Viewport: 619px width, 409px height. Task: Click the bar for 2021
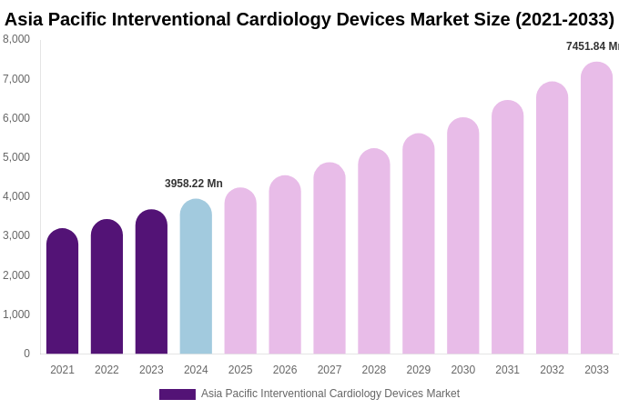pyautogui.click(x=62, y=292)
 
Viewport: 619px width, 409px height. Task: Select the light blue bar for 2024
pyautogui.click(x=196, y=277)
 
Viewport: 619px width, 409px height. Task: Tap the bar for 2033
pyautogui.click(x=596, y=209)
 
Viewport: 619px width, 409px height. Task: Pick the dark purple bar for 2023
pyautogui.click(x=151, y=283)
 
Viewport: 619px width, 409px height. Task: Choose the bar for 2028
pyautogui.click(x=373, y=252)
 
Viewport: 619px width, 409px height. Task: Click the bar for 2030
pyautogui.click(x=462, y=236)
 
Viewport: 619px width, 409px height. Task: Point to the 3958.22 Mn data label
pyautogui.click(x=194, y=184)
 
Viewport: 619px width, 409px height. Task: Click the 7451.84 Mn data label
pyautogui.click(x=592, y=46)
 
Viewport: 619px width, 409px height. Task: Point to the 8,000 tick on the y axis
pyautogui.click(x=16, y=39)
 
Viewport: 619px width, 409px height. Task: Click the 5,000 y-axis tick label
pyautogui.click(x=16, y=157)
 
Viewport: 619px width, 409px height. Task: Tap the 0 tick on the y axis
pyautogui.click(x=26, y=354)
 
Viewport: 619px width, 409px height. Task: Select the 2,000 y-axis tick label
pyautogui.click(x=16, y=275)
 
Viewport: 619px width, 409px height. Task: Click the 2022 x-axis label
pyautogui.click(x=107, y=370)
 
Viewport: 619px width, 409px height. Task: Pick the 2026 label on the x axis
pyautogui.click(x=285, y=370)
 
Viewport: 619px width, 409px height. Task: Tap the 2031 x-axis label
pyautogui.click(x=507, y=370)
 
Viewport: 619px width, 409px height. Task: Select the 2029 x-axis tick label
pyautogui.click(x=419, y=370)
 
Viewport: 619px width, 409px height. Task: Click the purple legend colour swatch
pyautogui.click(x=178, y=394)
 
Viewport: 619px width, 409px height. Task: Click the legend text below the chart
pyautogui.click(x=330, y=394)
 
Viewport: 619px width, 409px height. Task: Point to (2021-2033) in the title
pyautogui.click(x=564, y=19)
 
